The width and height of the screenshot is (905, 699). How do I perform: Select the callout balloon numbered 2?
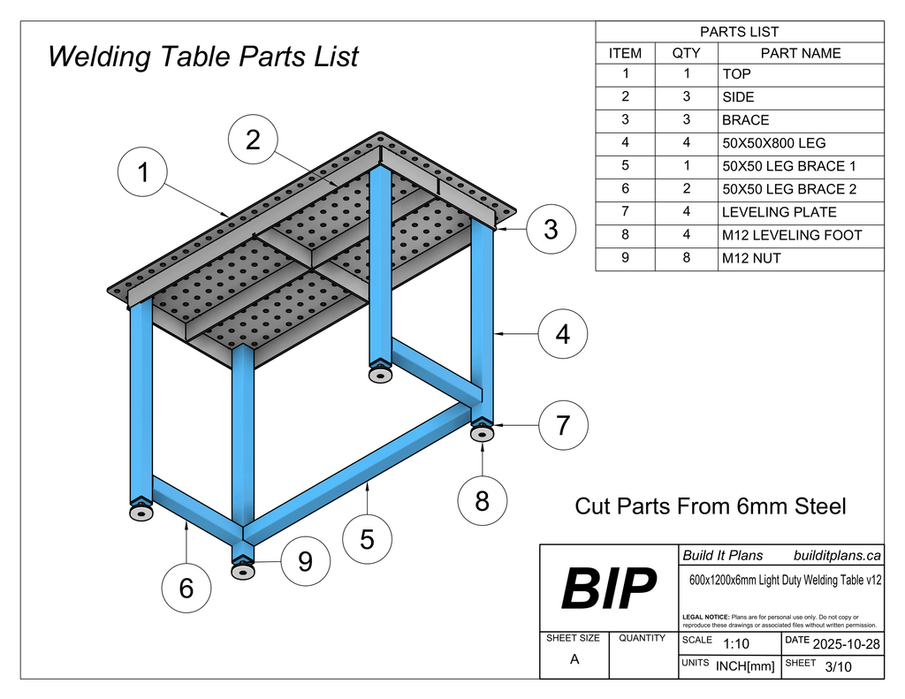pyautogui.click(x=253, y=140)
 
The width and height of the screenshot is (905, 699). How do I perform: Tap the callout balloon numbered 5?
pyautogui.click(x=367, y=538)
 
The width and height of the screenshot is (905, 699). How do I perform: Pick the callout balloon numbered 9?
pyautogui.click(x=305, y=561)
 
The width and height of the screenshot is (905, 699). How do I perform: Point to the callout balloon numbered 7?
pyautogui.click(x=563, y=425)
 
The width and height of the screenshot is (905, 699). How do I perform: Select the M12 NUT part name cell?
pyautogui.click(x=751, y=258)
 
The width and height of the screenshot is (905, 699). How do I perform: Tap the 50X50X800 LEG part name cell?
pyautogui.click(x=773, y=143)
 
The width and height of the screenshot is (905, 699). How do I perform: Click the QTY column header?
pyautogui.click(x=686, y=53)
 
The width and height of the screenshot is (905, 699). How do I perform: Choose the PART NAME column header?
pyautogui.click(x=801, y=53)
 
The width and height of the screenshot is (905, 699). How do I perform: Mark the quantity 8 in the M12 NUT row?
pyautogui.click(x=686, y=258)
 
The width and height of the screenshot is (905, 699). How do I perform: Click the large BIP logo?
pyautogui.click(x=609, y=589)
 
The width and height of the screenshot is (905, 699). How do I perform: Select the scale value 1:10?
pyautogui.click(x=735, y=644)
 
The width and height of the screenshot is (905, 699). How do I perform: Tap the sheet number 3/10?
pyautogui.click(x=838, y=667)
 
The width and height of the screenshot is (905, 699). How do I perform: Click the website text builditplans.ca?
pyautogui.click(x=837, y=555)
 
